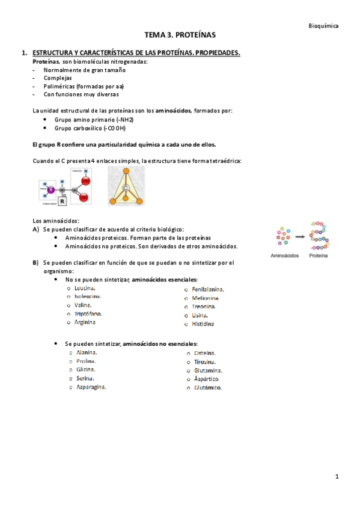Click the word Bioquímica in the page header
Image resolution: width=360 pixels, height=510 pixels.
(323, 26)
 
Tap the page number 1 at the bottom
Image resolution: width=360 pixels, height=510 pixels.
(337, 476)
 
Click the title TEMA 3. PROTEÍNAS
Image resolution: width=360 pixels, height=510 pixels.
(180, 36)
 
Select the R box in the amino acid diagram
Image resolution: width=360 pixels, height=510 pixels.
(62, 202)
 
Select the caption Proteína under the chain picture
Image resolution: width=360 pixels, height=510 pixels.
(318, 256)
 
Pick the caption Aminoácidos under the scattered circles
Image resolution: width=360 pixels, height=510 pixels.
(285, 256)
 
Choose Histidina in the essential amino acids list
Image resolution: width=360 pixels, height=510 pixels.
(203, 324)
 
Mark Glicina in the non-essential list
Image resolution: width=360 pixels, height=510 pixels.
(86, 369)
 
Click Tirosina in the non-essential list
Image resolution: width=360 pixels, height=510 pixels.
(204, 362)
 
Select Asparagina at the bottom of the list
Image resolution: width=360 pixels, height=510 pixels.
(91, 387)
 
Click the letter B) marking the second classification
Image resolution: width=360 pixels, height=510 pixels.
(36, 263)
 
